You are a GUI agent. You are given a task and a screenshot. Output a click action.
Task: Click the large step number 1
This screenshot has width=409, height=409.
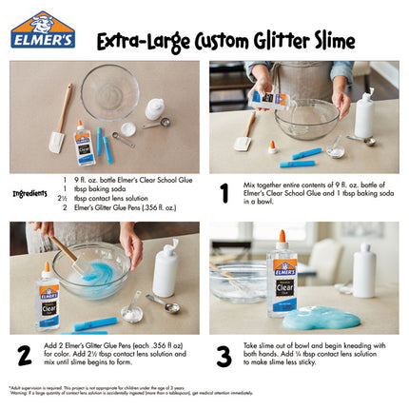tap(224, 192)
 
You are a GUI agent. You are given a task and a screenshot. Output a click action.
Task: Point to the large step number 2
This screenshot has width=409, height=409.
tap(25, 355)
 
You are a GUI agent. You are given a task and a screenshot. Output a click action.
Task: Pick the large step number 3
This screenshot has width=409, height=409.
tap(224, 355)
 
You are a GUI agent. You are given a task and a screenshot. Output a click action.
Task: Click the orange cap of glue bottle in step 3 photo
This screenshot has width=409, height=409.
tap(282, 237)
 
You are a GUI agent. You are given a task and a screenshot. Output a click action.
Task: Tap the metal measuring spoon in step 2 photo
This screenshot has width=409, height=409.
tap(163, 304)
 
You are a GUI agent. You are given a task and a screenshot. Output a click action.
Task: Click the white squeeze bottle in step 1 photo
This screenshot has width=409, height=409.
tap(363, 114)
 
